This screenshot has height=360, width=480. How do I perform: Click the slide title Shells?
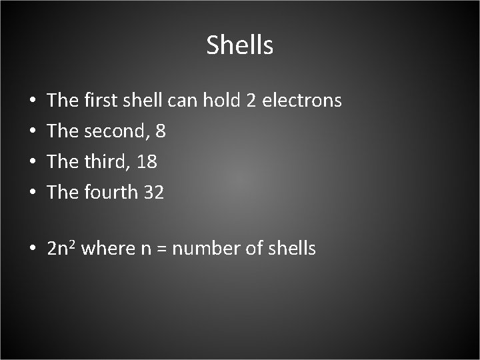click(x=239, y=45)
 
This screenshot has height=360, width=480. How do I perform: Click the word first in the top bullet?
click(x=100, y=101)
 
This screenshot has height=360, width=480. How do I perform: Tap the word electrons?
click(x=302, y=101)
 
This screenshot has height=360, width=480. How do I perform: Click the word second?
click(x=117, y=131)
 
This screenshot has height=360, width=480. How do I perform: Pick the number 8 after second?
click(x=160, y=131)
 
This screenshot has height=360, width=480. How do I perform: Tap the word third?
click(x=107, y=162)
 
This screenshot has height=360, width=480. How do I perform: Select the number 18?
click(x=147, y=162)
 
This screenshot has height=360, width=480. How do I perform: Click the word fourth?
click(x=111, y=193)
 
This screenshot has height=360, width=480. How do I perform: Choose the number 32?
click(x=153, y=193)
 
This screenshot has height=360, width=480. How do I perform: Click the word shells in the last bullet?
click(x=291, y=249)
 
